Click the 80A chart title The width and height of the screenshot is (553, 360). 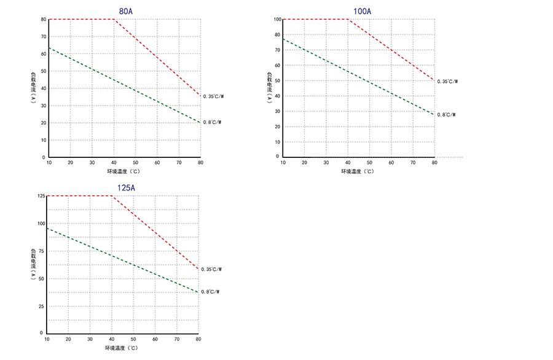[126, 11]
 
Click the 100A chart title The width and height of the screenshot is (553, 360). [363, 11]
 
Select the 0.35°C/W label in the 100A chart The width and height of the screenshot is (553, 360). [447, 81]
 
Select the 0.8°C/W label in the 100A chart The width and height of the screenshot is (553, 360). [446, 115]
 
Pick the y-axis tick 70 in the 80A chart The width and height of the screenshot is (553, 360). [43, 37]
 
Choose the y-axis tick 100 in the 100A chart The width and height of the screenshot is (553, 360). [277, 20]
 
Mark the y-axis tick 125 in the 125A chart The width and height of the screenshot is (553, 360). [41, 196]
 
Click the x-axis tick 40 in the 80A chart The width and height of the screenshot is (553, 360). [114, 163]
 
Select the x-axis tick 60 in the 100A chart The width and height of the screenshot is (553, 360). [391, 163]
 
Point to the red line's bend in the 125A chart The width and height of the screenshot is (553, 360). [112, 196]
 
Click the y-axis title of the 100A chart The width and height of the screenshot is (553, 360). [269, 88]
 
